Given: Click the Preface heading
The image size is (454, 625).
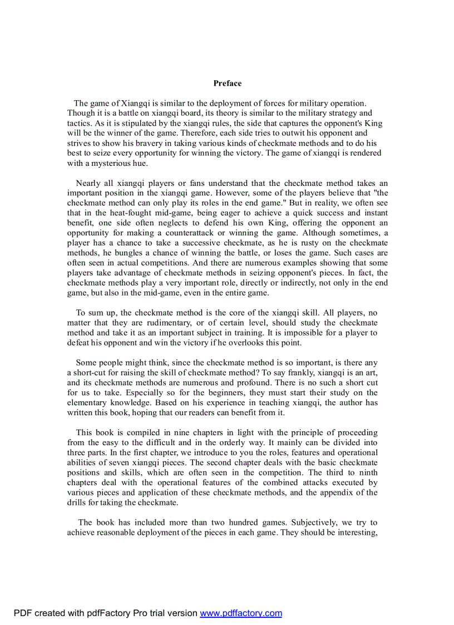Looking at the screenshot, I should pos(227,83).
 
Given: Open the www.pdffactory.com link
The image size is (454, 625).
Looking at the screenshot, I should pos(241,613).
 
